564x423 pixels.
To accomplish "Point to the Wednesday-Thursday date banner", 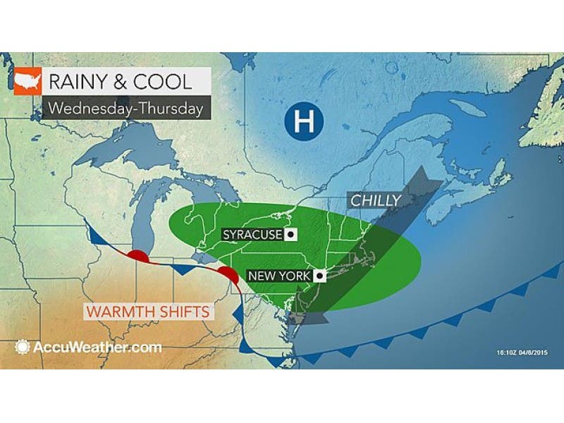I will coord(125,109).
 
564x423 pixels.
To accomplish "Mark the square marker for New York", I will coord(319,275).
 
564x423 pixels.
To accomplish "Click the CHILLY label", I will coord(374,201).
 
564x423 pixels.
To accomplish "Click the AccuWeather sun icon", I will coord(23,347).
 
